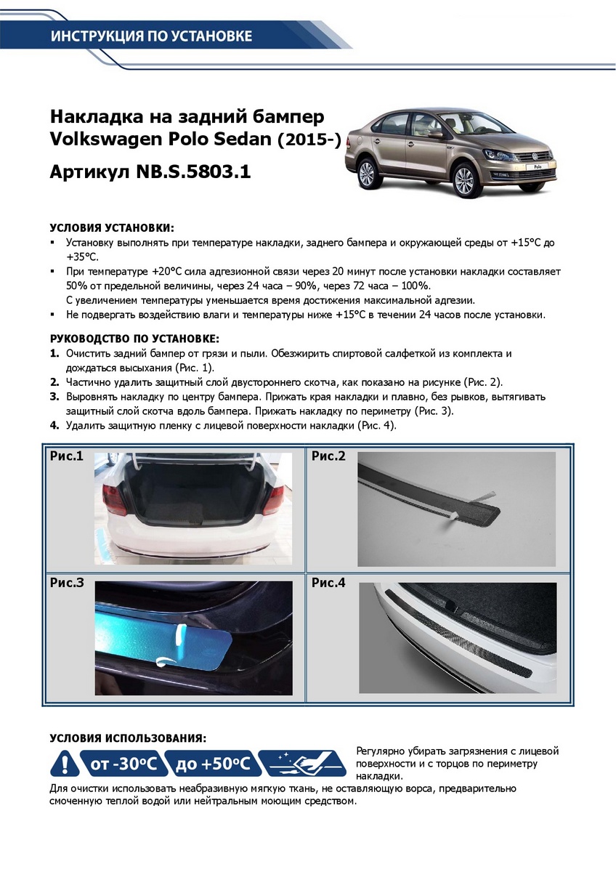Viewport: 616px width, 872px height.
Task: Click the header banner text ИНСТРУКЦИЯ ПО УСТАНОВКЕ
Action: [x=151, y=36]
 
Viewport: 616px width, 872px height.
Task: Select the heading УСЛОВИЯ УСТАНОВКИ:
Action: [x=112, y=227]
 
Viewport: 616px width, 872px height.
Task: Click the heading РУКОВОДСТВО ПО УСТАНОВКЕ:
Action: [x=134, y=339]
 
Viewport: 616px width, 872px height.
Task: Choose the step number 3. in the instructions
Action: [x=54, y=397]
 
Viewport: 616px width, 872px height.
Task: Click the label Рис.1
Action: [x=67, y=456]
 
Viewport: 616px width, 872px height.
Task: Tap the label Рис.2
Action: [x=328, y=456]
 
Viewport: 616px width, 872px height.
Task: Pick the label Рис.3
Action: [x=67, y=583]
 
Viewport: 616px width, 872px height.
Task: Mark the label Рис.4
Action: [x=328, y=583]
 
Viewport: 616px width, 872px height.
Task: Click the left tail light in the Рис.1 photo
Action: [x=116, y=499]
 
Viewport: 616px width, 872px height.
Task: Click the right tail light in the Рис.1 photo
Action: [x=274, y=498]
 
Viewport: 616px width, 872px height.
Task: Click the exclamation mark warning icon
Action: [x=65, y=764]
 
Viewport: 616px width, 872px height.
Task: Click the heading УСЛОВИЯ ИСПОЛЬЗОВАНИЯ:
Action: [x=128, y=738]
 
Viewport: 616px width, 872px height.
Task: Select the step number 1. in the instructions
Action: [x=54, y=354]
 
